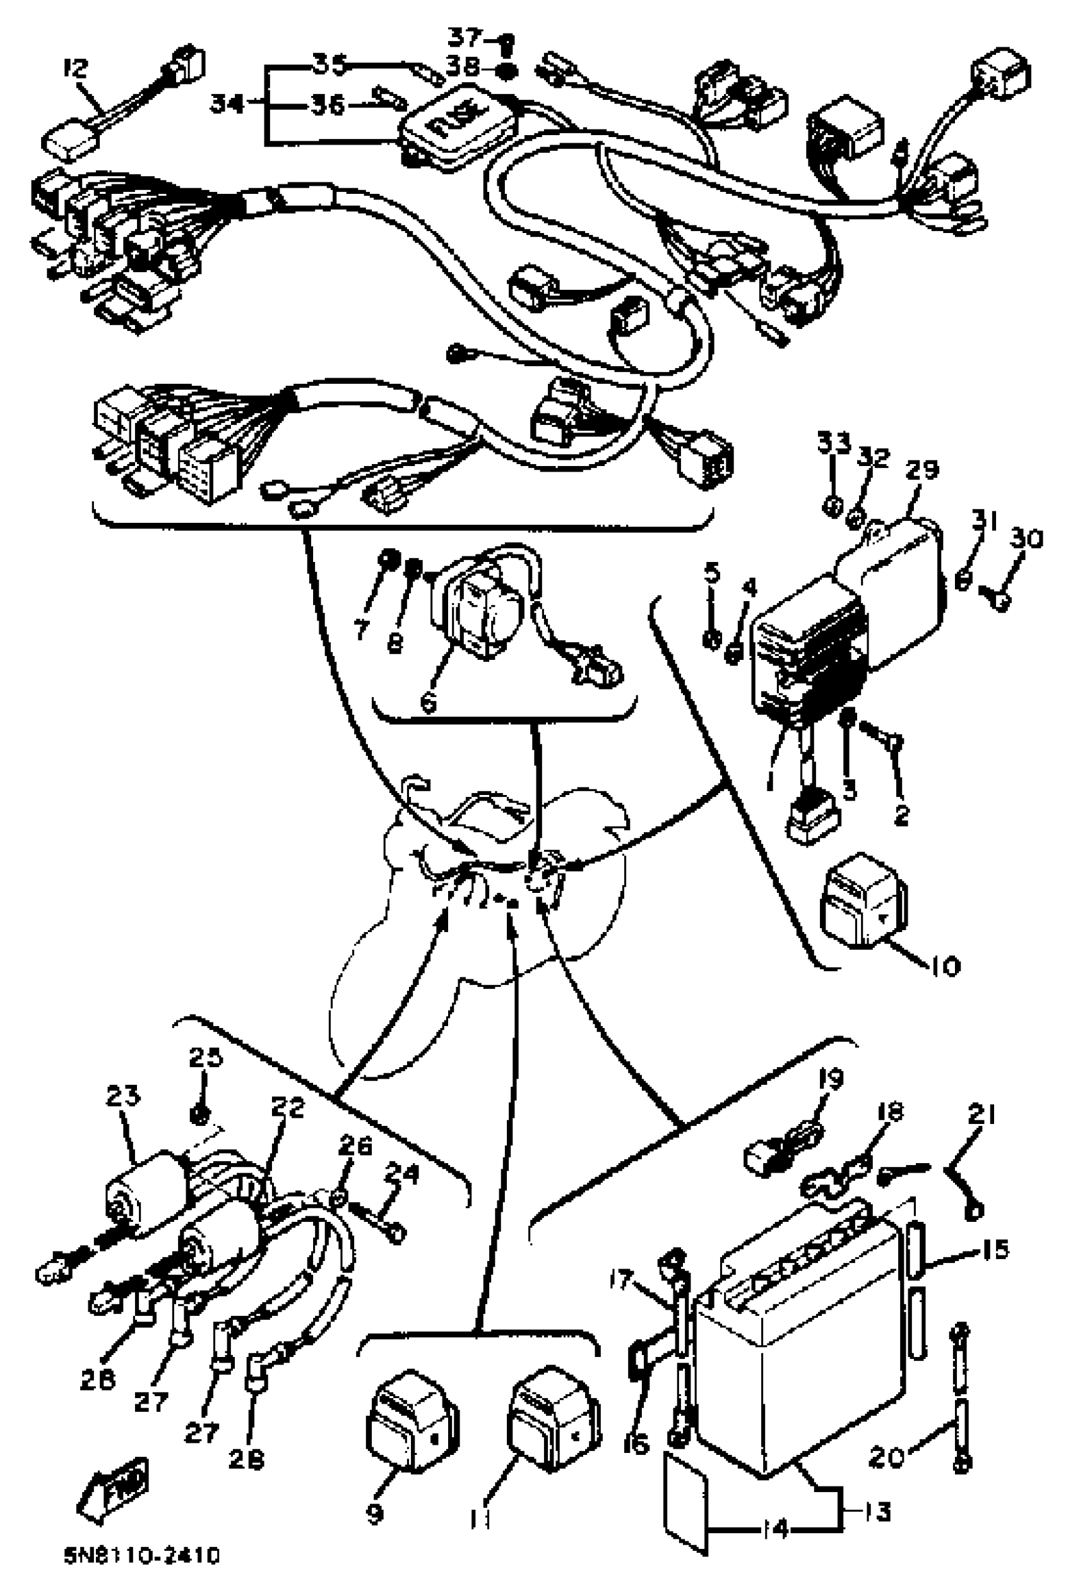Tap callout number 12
click(x=76, y=68)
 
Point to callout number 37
click(x=466, y=36)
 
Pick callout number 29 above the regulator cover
click(x=922, y=470)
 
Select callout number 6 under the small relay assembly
click(x=429, y=703)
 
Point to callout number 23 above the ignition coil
click(x=123, y=1096)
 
